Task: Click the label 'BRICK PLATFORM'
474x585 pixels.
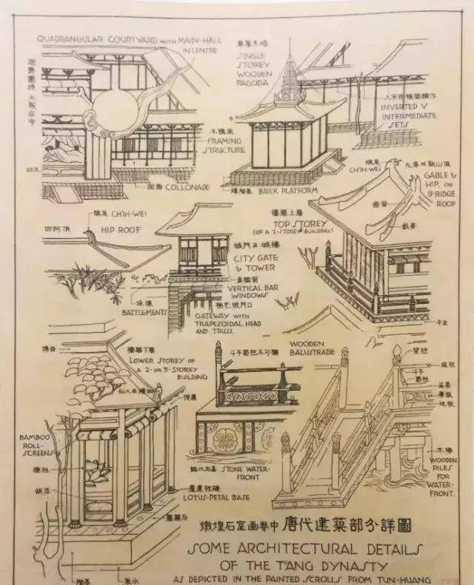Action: pos(300,190)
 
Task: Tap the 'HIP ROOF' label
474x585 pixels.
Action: pos(123,229)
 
